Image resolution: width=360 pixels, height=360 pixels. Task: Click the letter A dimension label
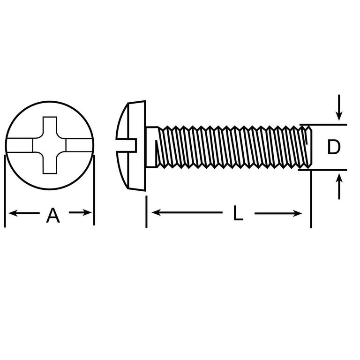[x=53, y=215]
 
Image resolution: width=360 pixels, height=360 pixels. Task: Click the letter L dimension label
[x=238, y=213]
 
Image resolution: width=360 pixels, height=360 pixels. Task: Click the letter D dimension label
[x=334, y=147]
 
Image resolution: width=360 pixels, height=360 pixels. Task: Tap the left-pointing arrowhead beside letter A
[x=13, y=213]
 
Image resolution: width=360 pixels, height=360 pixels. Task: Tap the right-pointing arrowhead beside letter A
[x=88, y=213]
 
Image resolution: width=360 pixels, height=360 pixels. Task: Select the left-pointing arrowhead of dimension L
[x=156, y=212]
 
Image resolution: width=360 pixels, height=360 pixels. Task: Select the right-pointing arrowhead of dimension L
[x=297, y=214]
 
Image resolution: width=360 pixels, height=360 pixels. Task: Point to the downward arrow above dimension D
[x=339, y=107]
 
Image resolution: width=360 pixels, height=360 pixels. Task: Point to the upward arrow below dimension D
[x=339, y=187]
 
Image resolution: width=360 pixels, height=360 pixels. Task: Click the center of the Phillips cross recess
[x=50, y=145]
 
